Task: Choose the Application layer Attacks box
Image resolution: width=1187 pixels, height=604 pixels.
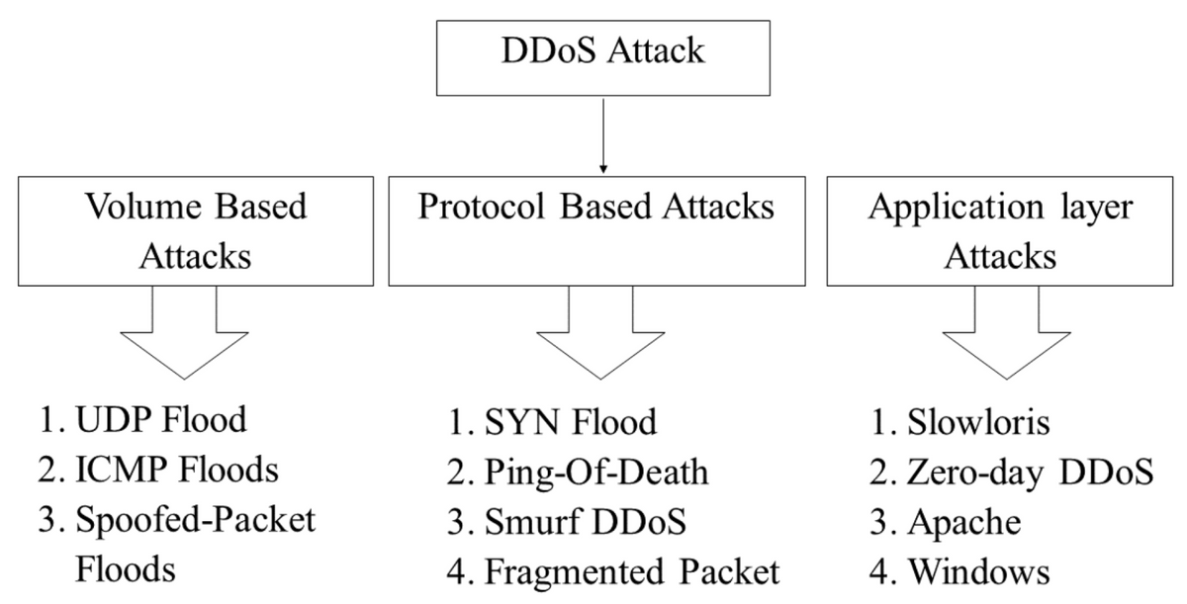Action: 999,231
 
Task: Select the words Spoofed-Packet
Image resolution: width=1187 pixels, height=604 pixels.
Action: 195,521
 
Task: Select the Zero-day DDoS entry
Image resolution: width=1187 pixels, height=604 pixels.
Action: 1031,473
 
